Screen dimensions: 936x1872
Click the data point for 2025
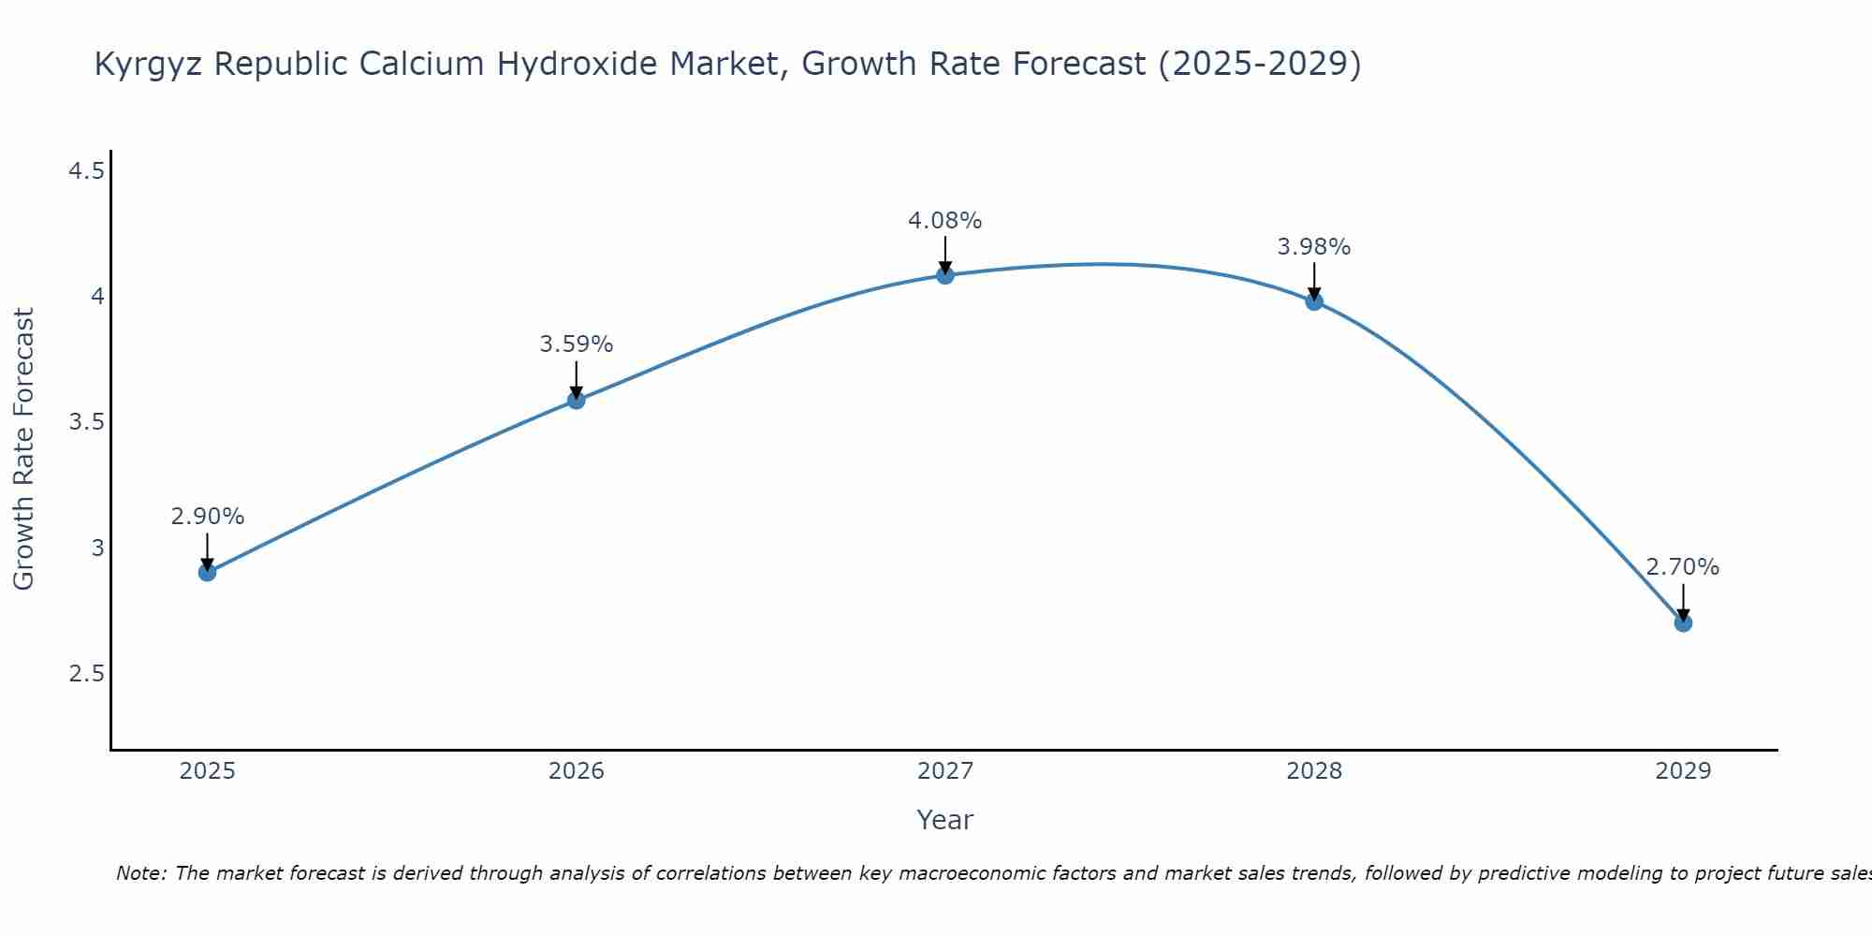pyautogui.click(x=207, y=572)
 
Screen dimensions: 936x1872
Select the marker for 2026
pyautogui.click(x=576, y=400)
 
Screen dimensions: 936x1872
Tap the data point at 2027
pyautogui.click(x=944, y=274)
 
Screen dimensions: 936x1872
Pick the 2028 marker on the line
pyautogui.click(x=1313, y=300)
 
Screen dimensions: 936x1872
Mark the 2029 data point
pyautogui.click(x=1682, y=622)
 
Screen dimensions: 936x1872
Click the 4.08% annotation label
pyautogui.click(x=944, y=221)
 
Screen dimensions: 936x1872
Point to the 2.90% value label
pyautogui.click(x=207, y=517)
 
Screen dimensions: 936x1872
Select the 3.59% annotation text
pyautogui.click(x=576, y=344)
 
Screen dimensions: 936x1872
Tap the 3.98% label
pyautogui.click(x=1313, y=247)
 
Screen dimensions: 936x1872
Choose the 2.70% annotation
pyautogui.click(x=1682, y=567)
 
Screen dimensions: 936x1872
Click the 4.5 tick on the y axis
pyautogui.click(x=86, y=171)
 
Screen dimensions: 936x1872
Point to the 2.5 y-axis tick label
pyautogui.click(x=86, y=674)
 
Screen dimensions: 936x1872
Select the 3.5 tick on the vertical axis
pyautogui.click(x=86, y=422)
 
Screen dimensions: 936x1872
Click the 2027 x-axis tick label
pyautogui.click(x=944, y=771)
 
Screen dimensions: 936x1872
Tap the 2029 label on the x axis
pyautogui.click(x=1682, y=771)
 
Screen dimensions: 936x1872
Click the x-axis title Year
pyautogui.click(x=944, y=820)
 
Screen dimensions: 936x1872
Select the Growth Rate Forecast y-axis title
pyautogui.click(x=23, y=449)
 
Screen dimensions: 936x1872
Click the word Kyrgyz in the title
pyautogui.click(x=149, y=65)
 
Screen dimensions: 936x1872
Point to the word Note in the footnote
pyautogui.click(x=139, y=873)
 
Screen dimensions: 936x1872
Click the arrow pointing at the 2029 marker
pyautogui.click(x=1682, y=601)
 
